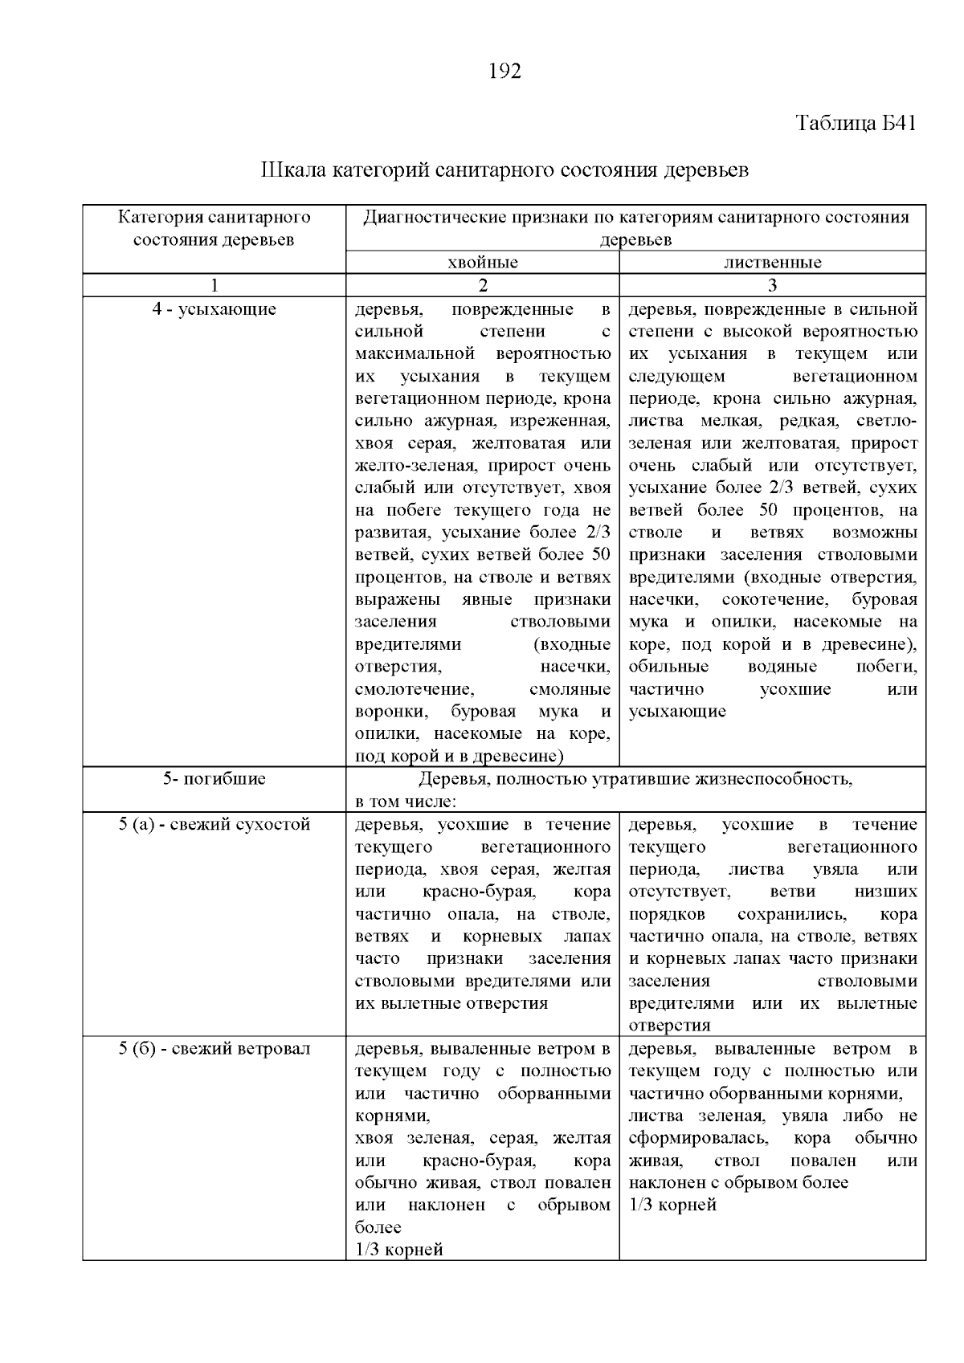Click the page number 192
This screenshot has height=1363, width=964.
click(505, 71)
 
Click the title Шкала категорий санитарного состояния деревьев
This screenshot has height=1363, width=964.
click(504, 170)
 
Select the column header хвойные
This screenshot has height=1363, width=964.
click(482, 263)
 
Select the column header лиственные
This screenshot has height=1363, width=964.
click(772, 263)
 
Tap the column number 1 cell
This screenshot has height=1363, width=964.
click(214, 285)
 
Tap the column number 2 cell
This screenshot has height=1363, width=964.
click(482, 285)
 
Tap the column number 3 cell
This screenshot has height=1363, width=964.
click(772, 285)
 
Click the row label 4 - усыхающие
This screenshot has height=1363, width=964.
click(214, 309)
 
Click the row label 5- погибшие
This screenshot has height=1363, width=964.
click(214, 778)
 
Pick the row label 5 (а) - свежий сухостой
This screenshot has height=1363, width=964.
click(214, 824)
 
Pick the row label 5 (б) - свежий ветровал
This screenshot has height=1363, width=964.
click(214, 1048)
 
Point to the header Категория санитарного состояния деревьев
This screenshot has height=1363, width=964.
click(214, 228)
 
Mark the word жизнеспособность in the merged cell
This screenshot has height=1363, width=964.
click(775, 778)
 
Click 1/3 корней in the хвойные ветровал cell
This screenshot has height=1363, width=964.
click(398, 1250)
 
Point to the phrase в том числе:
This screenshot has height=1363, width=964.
click(406, 801)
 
